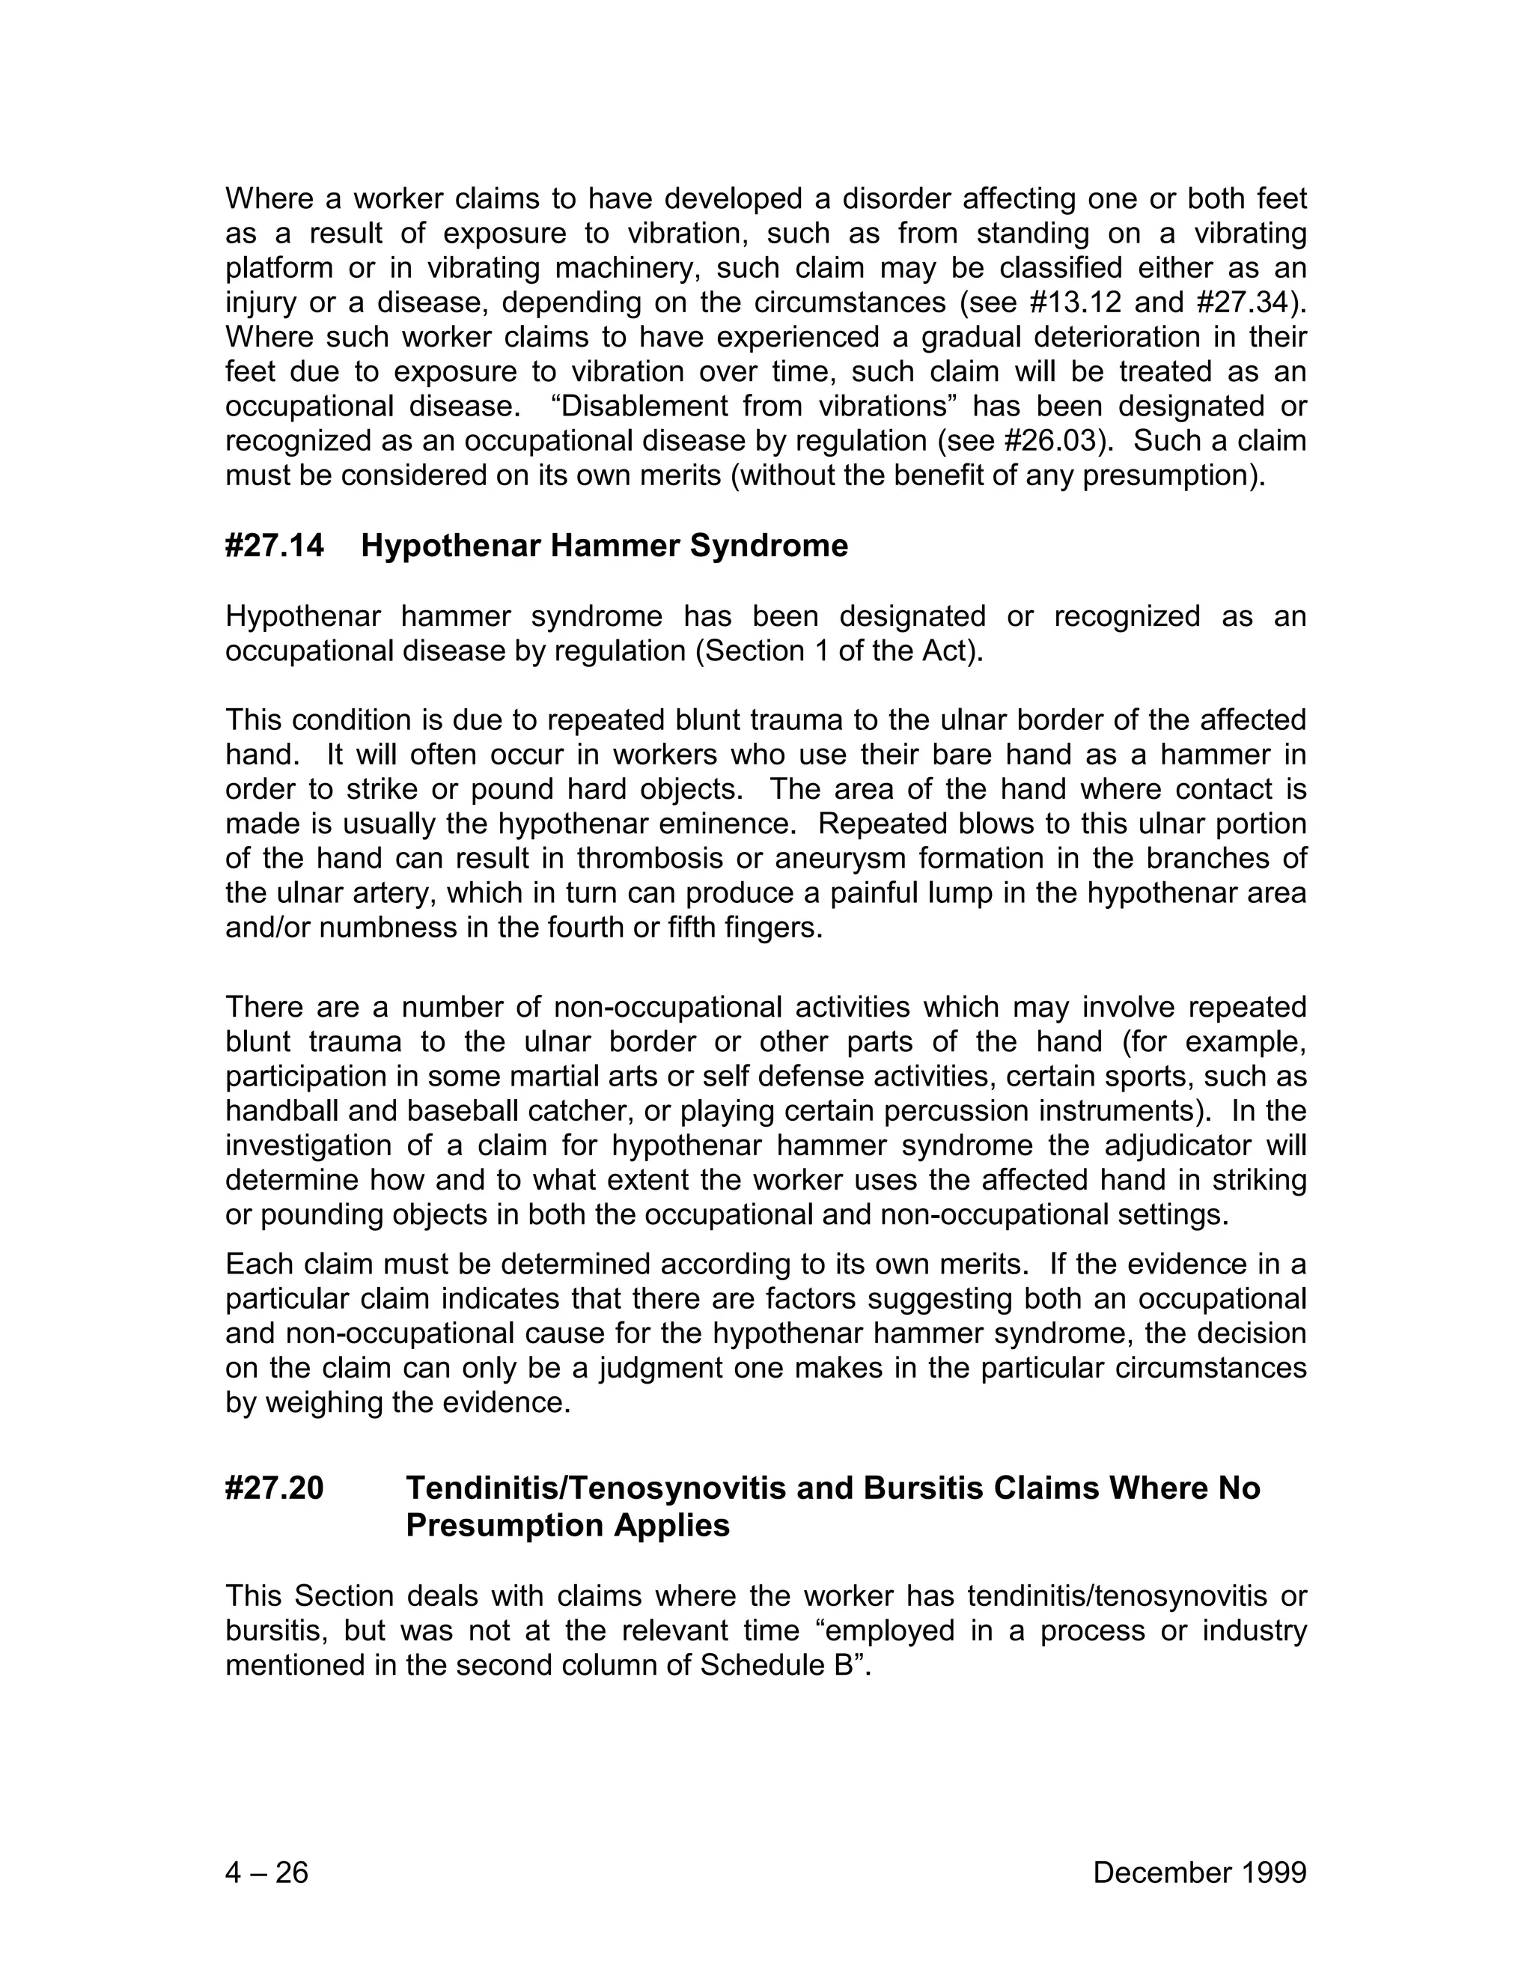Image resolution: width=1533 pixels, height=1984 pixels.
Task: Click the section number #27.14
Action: pos(274,546)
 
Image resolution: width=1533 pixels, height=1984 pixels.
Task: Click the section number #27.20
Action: pos(274,1488)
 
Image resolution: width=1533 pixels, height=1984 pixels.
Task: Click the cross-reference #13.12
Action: pos(1078,302)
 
